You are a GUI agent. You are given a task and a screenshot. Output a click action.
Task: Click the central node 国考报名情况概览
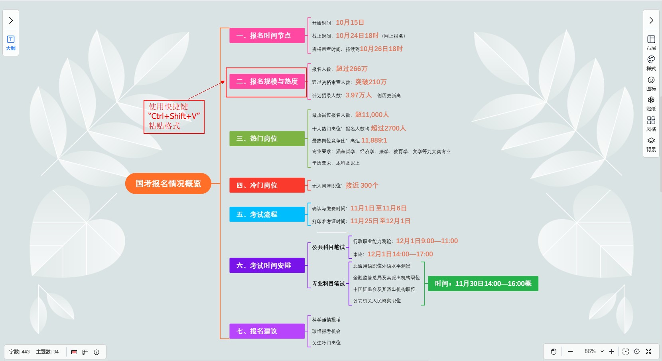[168, 184]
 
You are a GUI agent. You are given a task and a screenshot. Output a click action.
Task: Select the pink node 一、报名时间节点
[267, 36]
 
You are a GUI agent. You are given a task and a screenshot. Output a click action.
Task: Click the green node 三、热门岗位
[267, 139]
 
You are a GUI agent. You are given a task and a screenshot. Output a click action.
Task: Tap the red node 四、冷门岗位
[267, 185]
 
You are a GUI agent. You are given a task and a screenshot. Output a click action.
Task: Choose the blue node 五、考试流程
[267, 214]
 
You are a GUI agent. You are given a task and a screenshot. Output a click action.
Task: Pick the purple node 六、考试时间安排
[267, 266]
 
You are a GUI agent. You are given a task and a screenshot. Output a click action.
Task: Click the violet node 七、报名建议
[267, 331]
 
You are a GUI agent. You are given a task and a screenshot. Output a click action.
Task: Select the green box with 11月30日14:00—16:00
[483, 284]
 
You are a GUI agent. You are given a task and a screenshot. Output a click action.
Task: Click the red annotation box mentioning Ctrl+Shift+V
[174, 117]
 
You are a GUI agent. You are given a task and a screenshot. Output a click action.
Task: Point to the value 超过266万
[351, 69]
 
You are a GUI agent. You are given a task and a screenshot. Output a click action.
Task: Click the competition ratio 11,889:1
[374, 140]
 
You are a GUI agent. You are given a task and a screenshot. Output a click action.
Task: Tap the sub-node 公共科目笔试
[328, 247]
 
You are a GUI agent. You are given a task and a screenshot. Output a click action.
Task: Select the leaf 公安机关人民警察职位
[376, 301]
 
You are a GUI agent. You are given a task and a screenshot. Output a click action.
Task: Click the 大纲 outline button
[11, 43]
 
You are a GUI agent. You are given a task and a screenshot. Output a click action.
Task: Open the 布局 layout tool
[651, 43]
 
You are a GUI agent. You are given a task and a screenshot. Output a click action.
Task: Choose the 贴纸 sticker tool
[651, 103]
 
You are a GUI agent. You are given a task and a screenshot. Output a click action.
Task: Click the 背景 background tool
[651, 144]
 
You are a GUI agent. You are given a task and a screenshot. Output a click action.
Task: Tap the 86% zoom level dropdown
[594, 351]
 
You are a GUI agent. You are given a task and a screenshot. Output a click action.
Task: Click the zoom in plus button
[612, 351]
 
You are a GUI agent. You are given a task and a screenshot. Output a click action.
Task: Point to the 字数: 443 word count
[20, 352]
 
